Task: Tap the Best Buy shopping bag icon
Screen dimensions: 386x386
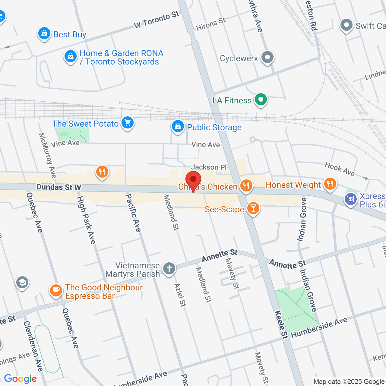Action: (x=44, y=33)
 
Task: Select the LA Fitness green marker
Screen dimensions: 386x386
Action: (x=261, y=100)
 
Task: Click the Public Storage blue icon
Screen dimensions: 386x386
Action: (x=178, y=126)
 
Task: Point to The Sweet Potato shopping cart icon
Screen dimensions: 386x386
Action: (x=128, y=123)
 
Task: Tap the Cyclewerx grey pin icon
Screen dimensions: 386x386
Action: (x=267, y=57)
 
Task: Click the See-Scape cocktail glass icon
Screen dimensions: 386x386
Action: (x=253, y=208)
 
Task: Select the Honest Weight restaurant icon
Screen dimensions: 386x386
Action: (x=330, y=184)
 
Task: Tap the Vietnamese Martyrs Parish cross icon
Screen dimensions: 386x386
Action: (x=169, y=268)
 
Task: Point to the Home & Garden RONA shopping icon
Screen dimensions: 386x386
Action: (x=71, y=56)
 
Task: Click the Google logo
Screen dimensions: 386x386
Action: (x=21, y=379)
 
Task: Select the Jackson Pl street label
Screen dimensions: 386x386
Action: (x=209, y=167)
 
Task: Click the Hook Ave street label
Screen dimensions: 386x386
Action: (x=340, y=169)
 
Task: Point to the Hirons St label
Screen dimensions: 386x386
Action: (x=211, y=24)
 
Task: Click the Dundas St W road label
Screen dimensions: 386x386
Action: (x=59, y=187)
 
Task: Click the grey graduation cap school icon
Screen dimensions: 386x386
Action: (x=22, y=283)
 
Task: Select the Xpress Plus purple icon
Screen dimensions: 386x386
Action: (x=350, y=199)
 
